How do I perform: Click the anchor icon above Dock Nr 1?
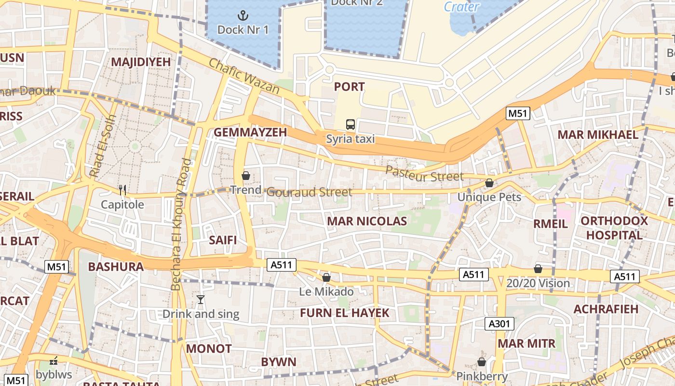coord(243,15)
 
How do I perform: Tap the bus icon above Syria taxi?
coord(351,124)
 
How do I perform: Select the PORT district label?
coord(349,87)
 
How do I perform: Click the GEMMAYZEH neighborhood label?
coord(250,132)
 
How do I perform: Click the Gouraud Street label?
coord(309,192)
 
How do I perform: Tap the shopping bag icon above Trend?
coord(246,176)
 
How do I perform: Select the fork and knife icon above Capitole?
coord(122,190)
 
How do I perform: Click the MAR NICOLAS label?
coord(367,221)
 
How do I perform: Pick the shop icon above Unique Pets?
coord(489,183)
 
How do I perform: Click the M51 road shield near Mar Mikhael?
coord(518,114)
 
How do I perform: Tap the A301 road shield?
coord(499,324)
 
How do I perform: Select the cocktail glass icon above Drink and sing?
coord(201,300)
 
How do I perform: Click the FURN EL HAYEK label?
coord(344,313)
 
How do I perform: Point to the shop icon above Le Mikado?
coord(326,277)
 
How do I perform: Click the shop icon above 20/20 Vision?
coord(538,269)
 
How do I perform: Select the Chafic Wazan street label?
coord(244,76)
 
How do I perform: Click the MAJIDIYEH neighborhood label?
coord(141,62)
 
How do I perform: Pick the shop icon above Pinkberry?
coord(482,362)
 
